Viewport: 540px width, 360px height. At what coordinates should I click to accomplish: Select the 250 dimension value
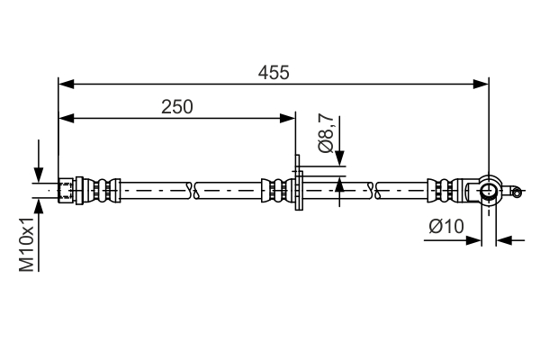pyautogui.click(x=177, y=106)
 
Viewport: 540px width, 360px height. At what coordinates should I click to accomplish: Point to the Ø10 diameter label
pyautogui.click(x=446, y=228)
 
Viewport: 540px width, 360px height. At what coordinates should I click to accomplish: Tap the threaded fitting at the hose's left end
pyautogui.click(x=66, y=190)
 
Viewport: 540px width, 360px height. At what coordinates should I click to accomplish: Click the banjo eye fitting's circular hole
pyautogui.click(x=487, y=189)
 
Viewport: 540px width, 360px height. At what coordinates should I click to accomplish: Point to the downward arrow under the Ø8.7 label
pyautogui.click(x=339, y=160)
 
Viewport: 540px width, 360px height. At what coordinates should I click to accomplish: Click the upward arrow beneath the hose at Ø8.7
pyautogui.click(x=339, y=185)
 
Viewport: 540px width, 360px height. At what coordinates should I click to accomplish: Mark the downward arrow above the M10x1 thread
pyautogui.click(x=39, y=173)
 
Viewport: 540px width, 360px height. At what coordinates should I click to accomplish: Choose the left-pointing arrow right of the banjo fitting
pyautogui.click(x=503, y=240)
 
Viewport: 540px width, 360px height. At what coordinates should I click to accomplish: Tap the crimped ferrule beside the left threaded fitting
pyautogui.click(x=101, y=190)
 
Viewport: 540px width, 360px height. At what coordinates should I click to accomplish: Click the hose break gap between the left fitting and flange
pyautogui.click(x=192, y=190)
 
